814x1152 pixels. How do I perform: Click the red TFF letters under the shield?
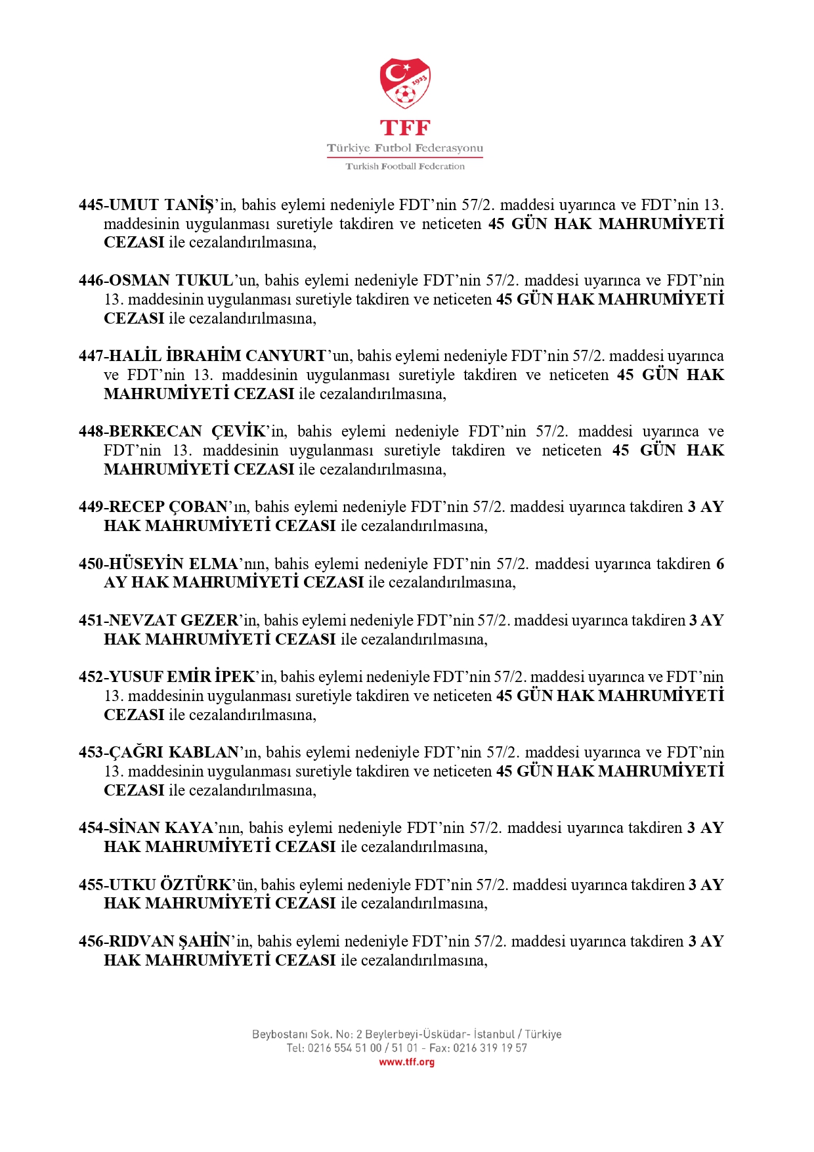click(405, 127)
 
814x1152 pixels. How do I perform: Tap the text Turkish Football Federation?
click(405, 167)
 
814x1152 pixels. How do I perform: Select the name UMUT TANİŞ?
click(161, 205)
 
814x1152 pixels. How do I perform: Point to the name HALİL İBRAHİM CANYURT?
click(217, 356)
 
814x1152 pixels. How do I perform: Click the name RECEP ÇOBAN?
click(168, 507)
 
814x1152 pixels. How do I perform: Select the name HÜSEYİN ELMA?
click(173, 564)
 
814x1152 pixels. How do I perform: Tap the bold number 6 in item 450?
click(720, 564)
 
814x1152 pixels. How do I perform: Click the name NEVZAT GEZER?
click(173, 620)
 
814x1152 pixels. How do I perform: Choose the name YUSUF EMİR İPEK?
click(182, 677)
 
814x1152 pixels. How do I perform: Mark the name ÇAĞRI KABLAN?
click(174, 752)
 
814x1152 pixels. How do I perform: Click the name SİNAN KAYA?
click(161, 828)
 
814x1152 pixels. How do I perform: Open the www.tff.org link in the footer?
click(406, 1062)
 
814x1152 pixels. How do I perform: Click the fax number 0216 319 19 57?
click(490, 1048)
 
